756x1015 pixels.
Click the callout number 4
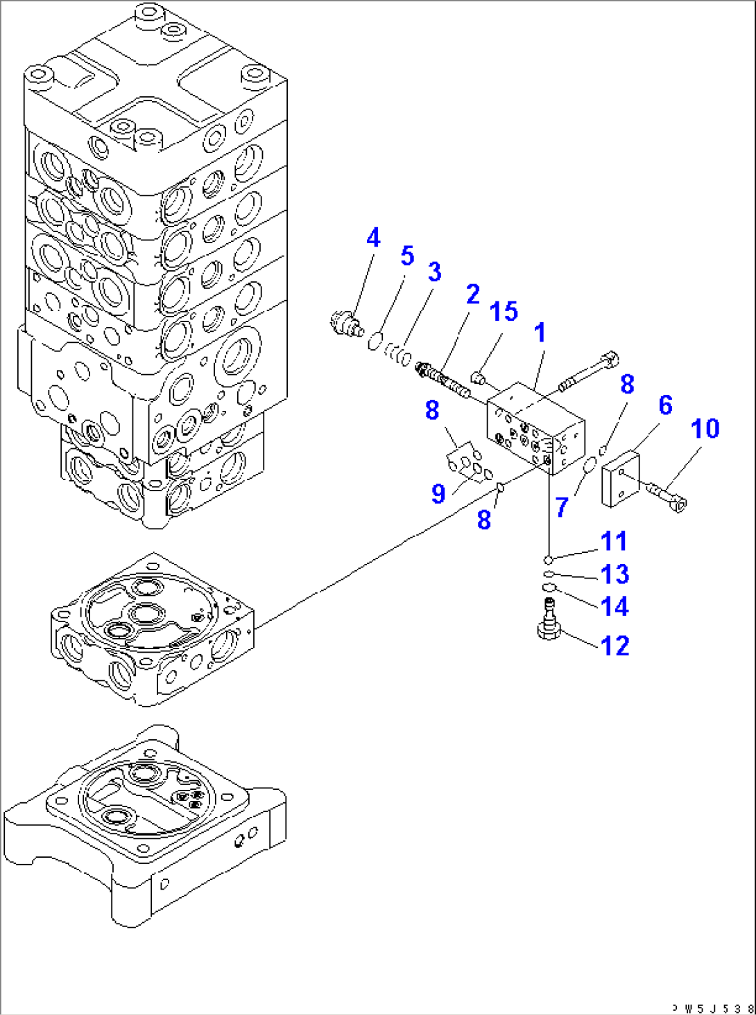[373, 238]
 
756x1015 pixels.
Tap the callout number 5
[407, 256]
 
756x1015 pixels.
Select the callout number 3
[434, 272]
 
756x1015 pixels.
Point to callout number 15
[504, 311]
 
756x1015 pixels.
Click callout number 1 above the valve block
[540, 333]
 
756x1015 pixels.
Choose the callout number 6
[665, 405]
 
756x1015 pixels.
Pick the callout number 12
[615, 646]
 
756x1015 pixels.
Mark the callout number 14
[615, 607]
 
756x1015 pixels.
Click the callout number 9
[438, 493]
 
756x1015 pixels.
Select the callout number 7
[562, 508]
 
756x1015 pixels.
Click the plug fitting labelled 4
[345, 324]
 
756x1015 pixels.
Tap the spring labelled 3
[398, 353]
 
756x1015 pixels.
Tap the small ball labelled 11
[548, 560]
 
